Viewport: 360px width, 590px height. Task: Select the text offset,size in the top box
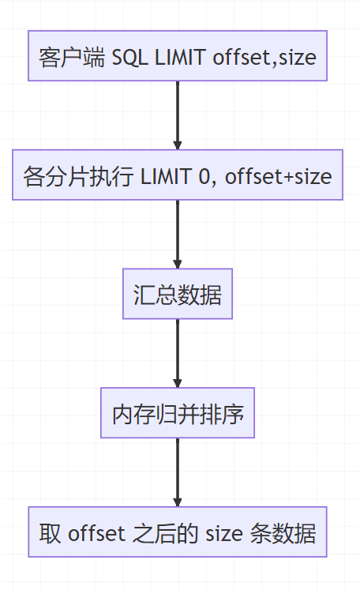[x=264, y=57]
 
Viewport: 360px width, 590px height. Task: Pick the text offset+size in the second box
[x=279, y=176]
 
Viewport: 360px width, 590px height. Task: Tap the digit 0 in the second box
[x=207, y=176]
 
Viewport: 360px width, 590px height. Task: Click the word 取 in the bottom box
[x=49, y=534]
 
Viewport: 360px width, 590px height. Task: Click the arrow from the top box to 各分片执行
[x=178, y=115]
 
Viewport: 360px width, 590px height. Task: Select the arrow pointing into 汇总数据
[x=178, y=234]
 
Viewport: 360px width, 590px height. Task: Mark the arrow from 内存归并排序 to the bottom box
[x=178, y=472]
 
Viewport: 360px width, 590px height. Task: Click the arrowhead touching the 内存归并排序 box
[x=178, y=382]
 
